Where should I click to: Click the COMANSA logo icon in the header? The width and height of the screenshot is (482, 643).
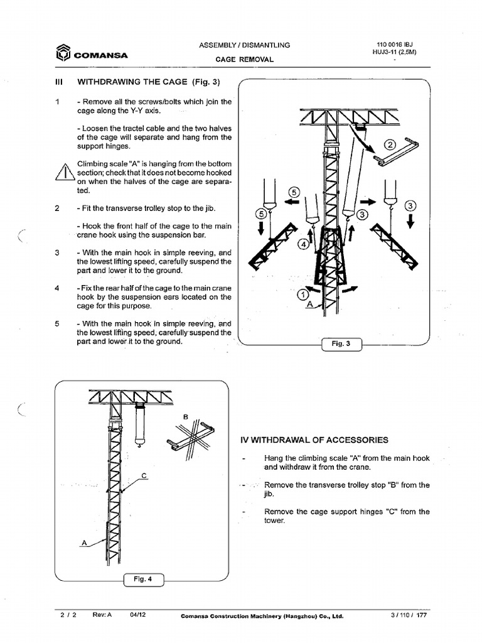coord(62,54)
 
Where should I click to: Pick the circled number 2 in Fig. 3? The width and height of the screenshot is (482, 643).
coord(390,144)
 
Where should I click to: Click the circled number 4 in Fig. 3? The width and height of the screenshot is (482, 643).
coord(304,245)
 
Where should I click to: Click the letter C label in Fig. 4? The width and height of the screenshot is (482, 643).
coord(144,475)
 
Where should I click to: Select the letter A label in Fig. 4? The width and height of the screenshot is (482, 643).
coord(83,542)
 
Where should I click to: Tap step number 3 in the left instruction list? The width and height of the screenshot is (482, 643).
coord(57,252)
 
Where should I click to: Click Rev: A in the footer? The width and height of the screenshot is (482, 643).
coord(102,616)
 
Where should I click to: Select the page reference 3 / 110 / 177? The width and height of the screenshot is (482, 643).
coord(408,616)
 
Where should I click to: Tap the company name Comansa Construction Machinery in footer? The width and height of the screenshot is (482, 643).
coord(262,617)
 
